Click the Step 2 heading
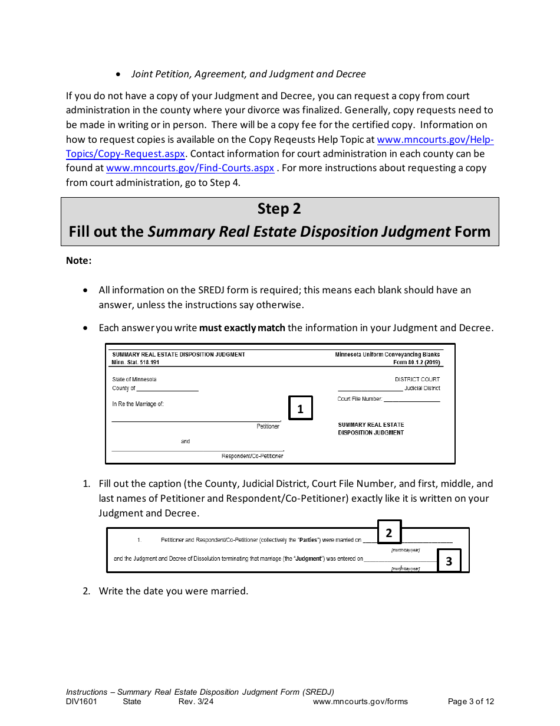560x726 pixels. (x=279, y=209)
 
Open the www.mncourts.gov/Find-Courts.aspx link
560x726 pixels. (x=190, y=168)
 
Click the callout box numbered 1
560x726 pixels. (x=300, y=408)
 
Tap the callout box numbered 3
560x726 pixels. (x=449, y=561)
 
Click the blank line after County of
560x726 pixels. (x=167, y=388)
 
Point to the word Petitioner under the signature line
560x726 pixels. (x=268, y=426)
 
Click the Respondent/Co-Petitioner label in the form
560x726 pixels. (x=252, y=456)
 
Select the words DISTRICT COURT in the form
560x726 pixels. (x=417, y=379)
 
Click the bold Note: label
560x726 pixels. (x=79, y=260)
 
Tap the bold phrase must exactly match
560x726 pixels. (x=242, y=328)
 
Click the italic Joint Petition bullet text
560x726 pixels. (x=248, y=74)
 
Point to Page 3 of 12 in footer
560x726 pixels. (x=470, y=702)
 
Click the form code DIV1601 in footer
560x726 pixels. (x=81, y=702)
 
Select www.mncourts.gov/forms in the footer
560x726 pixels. (x=360, y=702)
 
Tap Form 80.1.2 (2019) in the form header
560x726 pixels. (x=417, y=362)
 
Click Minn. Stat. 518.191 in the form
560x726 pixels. (x=136, y=362)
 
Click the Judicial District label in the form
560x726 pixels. (x=422, y=388)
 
